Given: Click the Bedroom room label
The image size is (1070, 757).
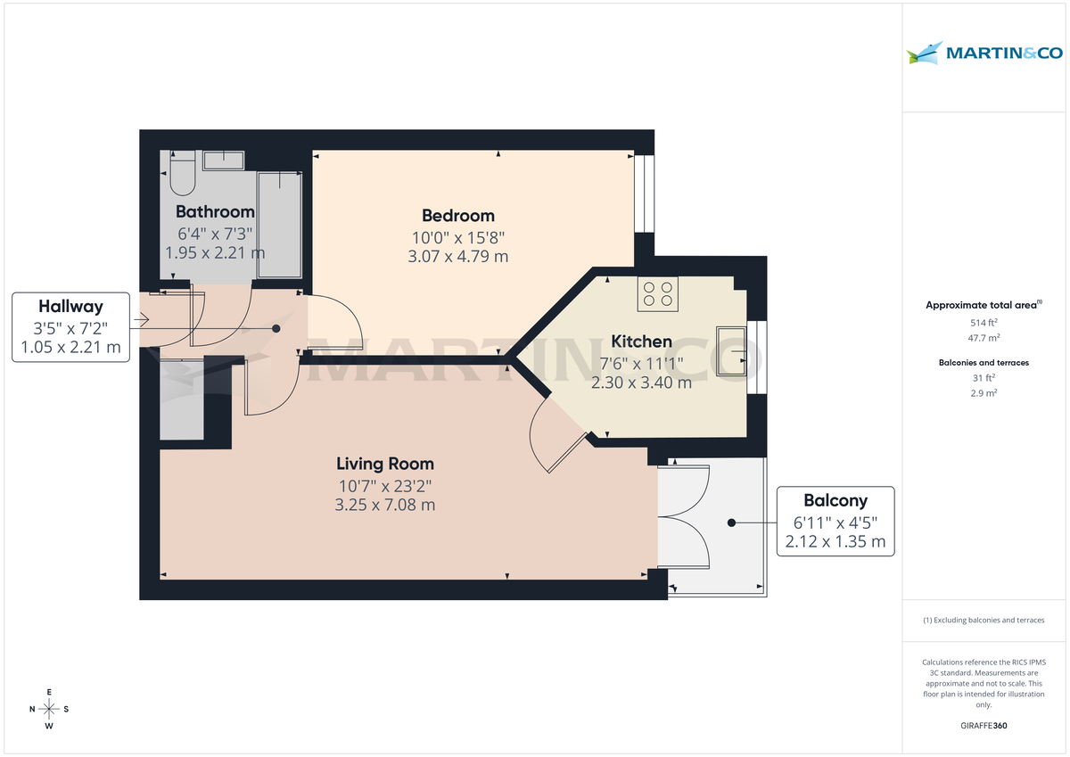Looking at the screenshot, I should coord(457,216).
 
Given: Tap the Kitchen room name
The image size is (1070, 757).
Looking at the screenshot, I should coord(641,341).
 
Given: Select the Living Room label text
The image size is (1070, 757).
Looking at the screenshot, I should coord(384,464).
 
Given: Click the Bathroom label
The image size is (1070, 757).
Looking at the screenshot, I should coord(215,212).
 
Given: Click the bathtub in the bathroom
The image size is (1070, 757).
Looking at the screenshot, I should coord(279,227).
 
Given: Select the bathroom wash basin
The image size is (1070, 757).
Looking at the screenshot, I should coord(224,160).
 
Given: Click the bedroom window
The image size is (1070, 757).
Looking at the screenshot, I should coord(644,194).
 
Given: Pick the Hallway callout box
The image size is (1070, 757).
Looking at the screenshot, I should coord(70,327).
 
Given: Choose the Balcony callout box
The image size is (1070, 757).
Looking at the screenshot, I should coord(835,522).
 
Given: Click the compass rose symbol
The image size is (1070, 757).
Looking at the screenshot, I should coord(49,709).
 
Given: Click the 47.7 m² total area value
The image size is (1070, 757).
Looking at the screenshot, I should coord(984,337).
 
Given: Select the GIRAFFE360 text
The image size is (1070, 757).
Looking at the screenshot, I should coord(984,726).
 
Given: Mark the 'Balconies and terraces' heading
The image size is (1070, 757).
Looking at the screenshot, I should coord(984,363).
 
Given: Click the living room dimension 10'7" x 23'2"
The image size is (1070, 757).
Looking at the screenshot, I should coord(384,487).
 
